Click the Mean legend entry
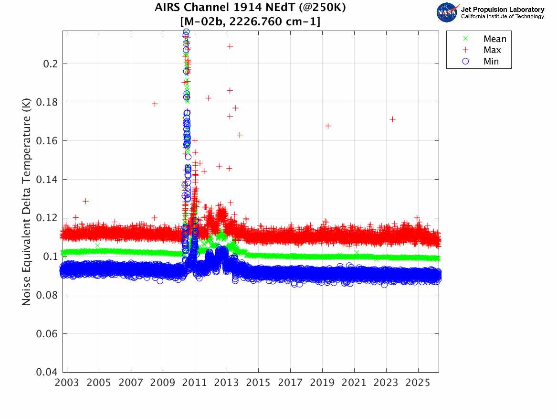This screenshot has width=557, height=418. pyautogui.click(x=494, y=39)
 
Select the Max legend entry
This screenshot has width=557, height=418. pyautogui.click(x=492, y=50)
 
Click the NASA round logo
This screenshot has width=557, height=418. pyautogui.click(x=447, y=12)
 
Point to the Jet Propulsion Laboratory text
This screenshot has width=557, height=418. pyautogui.click(x=502, y=10)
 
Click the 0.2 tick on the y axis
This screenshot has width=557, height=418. pyautogui.click(x=51, y=64)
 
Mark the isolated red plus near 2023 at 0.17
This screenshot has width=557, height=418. pyautogui.click(x=392, y=119)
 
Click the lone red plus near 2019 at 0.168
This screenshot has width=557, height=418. pyautogui.click(x=328, y=126)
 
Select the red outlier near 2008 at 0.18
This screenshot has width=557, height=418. pyautogui.click(x=155, y=104)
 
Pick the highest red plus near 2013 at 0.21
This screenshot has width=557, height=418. pyautogui.click(x=230, y=46)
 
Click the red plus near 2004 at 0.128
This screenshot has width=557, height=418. pyautogui.click(x=85, y=201)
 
